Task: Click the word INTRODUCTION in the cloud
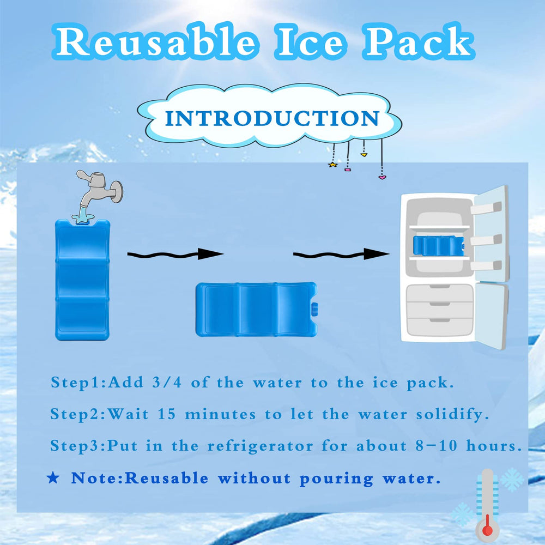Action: (x=272, y=118)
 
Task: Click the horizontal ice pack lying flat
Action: (x=256, y=309)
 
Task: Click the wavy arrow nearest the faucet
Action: (x=175, y=254)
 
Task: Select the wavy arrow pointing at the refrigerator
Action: (x=341, y=254)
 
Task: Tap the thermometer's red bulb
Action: (x=487, y=530)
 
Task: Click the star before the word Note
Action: (x=53, y=479)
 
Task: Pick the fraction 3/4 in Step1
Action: (x=168, y=382)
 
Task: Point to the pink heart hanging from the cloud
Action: (x=382, y=177)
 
